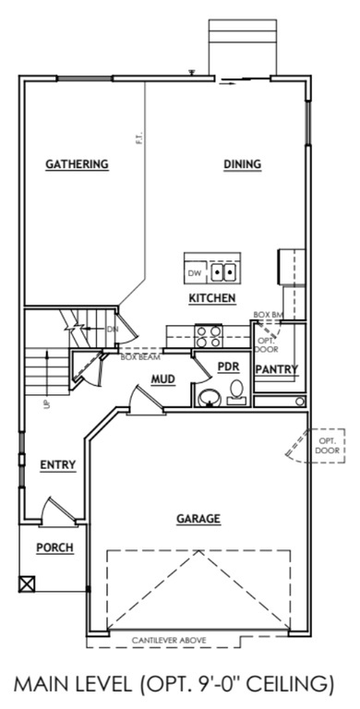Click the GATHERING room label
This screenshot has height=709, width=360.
[78, 165]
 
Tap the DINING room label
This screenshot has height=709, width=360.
[243, 165]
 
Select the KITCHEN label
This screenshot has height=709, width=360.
[212, 298]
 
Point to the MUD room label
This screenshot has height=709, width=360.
[163, 379]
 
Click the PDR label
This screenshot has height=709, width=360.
[228, 367]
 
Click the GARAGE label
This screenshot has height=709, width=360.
[198, 519]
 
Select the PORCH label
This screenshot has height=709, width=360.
[54, 547]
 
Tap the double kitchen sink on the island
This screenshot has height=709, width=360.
[223, 273]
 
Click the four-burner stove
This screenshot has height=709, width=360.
[209, 336]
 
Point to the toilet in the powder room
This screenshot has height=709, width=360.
[236, 392]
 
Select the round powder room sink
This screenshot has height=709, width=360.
[210, 398]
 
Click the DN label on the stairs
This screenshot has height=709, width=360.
[113, 329]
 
